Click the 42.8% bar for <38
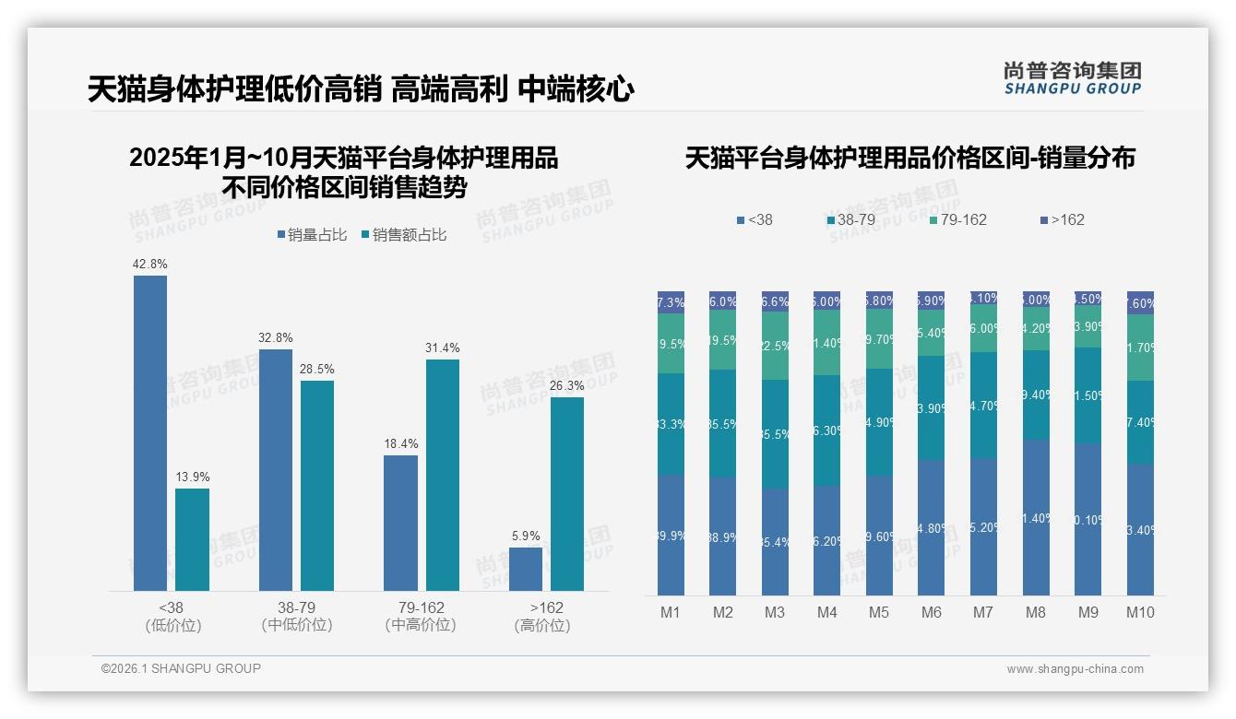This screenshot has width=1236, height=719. pos(150,433)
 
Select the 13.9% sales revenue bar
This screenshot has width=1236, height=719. pos(193,539)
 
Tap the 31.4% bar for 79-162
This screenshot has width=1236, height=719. pos(443,475)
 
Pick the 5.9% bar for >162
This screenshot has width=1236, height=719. pos(526,569)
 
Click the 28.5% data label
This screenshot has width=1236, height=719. pos(317,369)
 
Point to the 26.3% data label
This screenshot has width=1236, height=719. pos(567,385)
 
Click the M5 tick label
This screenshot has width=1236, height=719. pos(878,612)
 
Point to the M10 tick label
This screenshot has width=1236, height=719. pos(1140,612)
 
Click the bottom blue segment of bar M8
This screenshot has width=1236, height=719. pos(1036,517)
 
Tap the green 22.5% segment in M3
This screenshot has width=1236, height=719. pos(775,346)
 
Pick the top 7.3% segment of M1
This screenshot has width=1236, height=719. pos(671,302)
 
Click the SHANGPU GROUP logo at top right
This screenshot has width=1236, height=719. pos(1072,78)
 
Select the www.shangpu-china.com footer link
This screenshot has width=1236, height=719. pos(1075,669)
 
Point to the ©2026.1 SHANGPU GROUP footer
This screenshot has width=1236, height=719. pos(181,668)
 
